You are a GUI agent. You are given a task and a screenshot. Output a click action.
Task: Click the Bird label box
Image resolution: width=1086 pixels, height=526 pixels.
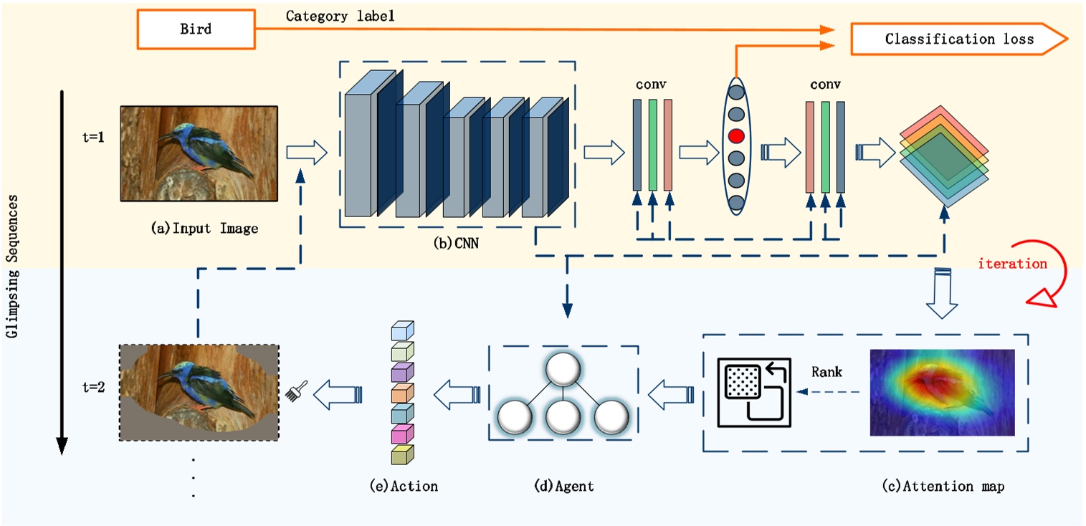(x=195, y=29)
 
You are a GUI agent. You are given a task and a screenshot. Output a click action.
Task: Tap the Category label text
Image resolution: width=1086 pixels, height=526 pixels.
(x=340, y=15)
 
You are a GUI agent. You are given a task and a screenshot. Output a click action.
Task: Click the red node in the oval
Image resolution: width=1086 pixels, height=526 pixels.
(x=736, y=135)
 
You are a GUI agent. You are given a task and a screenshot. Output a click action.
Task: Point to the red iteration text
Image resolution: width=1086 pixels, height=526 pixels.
(x=1012, y=264)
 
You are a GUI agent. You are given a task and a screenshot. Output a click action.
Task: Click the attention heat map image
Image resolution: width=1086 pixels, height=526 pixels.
(x=942, y=392)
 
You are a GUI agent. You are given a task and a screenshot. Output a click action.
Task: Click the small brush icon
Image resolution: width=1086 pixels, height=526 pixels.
(x=292, y=392)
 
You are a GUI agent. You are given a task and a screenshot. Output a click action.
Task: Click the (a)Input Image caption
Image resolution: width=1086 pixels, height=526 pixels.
(x=204, y=229)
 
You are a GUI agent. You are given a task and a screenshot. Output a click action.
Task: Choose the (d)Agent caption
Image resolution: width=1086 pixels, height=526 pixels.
(x=563, y=487)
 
